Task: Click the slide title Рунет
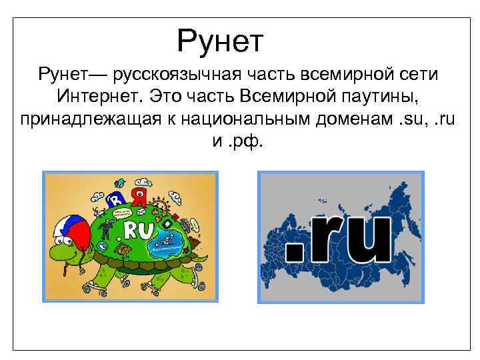pyautogui.click(x=221, y=41)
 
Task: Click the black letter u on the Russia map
pyautogui.click(x=367, y=239)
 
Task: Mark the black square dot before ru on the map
pyautogui.click(x=294, y=253)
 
